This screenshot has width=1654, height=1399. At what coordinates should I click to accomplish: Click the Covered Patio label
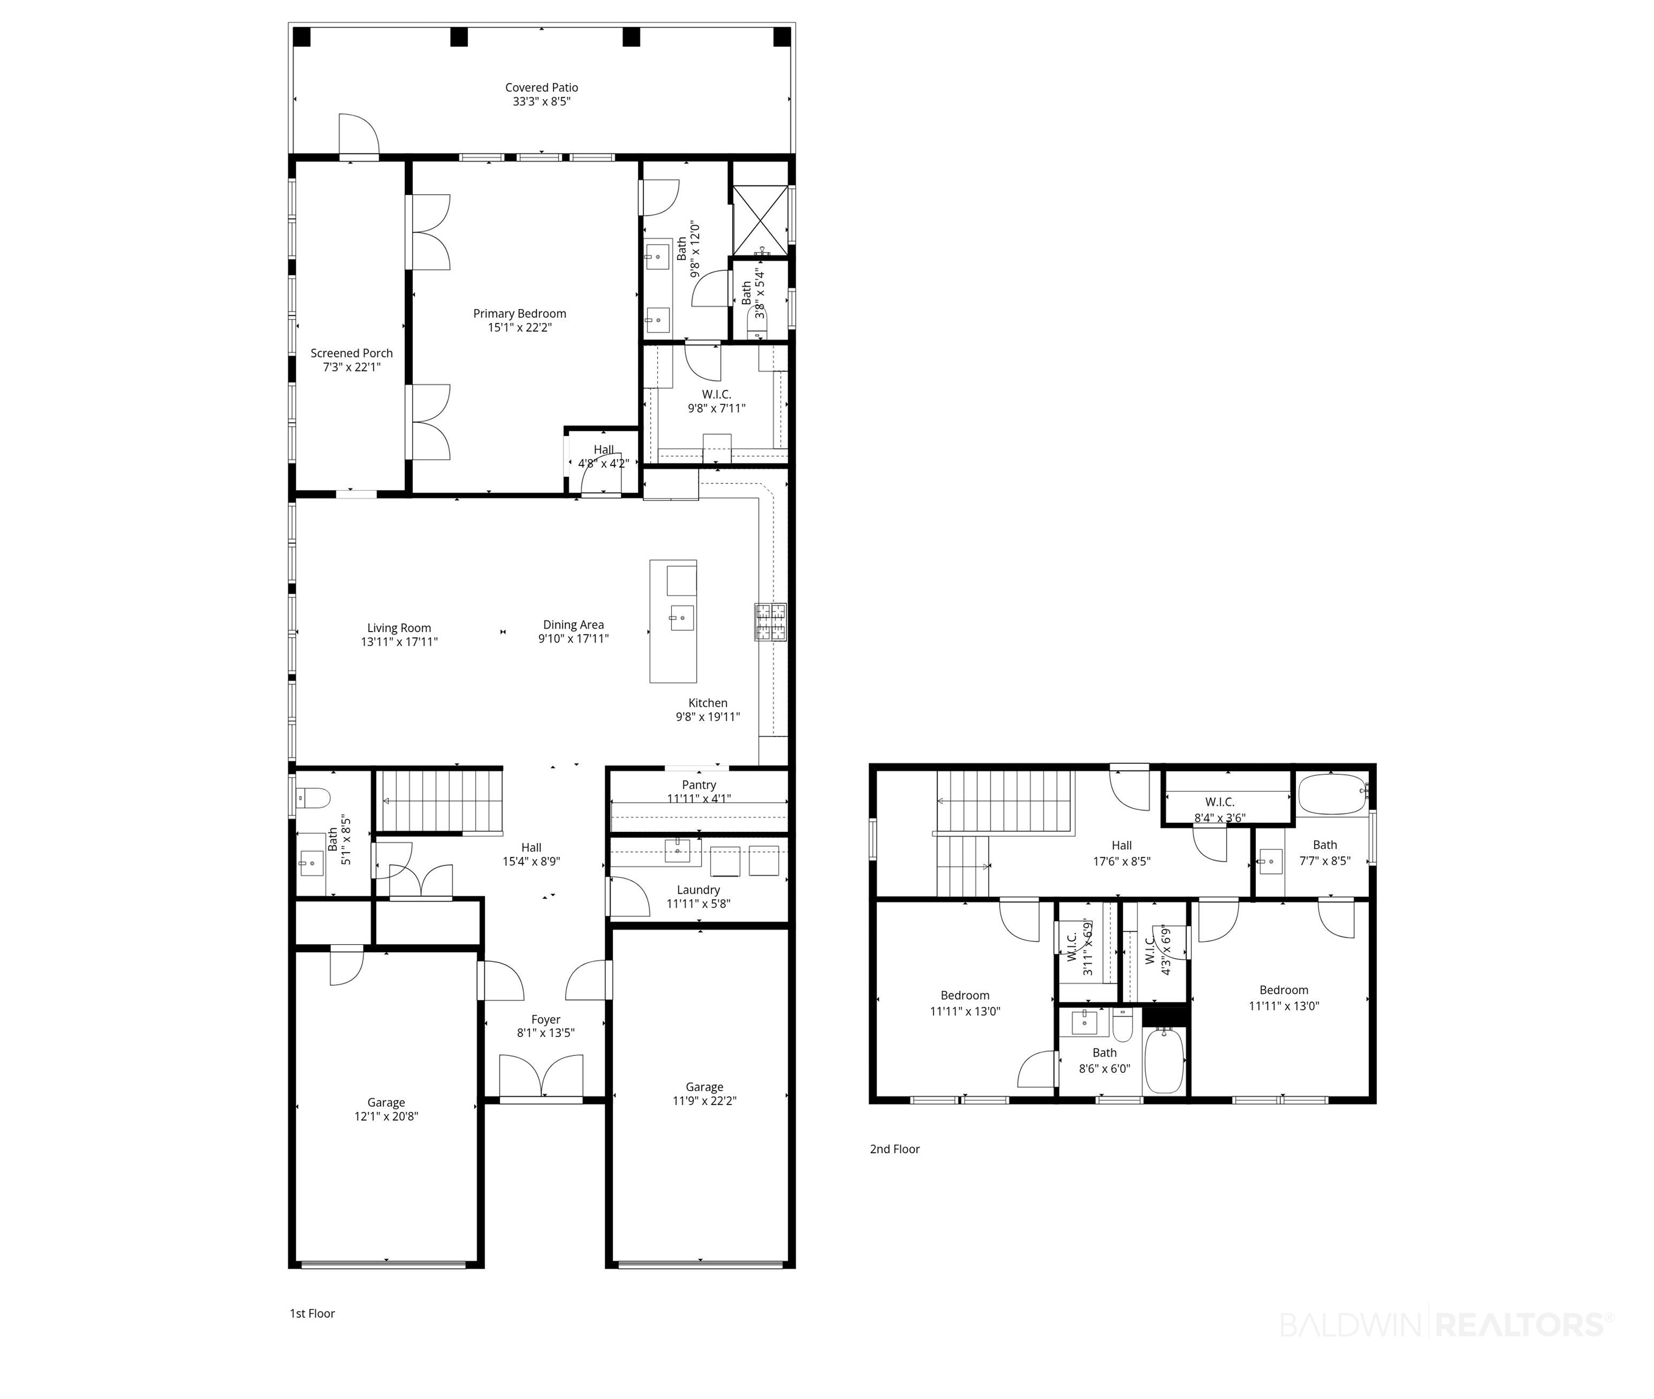click(x=541, y=87)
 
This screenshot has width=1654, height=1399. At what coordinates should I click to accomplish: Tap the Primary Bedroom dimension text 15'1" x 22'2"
click(x=520, y=327)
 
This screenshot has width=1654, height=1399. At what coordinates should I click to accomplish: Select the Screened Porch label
click(x=351, y=353)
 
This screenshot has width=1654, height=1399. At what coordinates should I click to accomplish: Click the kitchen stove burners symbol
click(x=770, y=622)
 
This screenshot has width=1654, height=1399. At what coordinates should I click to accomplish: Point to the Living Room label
click(x=399, y=627)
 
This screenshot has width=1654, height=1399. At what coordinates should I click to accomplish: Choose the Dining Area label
click(x=573, y=624)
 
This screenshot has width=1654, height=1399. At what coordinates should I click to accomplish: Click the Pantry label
click(x=699, y=785)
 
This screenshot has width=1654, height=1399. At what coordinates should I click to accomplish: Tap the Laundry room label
click(x=699, y=890)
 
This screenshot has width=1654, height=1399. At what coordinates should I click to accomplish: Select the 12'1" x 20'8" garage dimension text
click(x=386, y=1117)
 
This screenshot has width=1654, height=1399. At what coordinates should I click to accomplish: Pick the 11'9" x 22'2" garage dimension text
click(x=705, y=1101)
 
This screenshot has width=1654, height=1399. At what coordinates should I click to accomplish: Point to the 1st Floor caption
click(x=313, y=1313)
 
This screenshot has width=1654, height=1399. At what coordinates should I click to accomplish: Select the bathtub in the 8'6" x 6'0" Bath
click(x=1164, y=1060)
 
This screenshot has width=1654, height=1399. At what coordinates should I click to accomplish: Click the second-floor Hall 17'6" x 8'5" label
click(x=1122, y=845)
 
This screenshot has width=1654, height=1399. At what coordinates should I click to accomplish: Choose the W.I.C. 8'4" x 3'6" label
click(x=1219, y=802)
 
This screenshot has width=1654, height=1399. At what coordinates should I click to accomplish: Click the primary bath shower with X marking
click(x=759, y=220)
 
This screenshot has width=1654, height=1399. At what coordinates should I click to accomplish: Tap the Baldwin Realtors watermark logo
click(x=1447, y=1324)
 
